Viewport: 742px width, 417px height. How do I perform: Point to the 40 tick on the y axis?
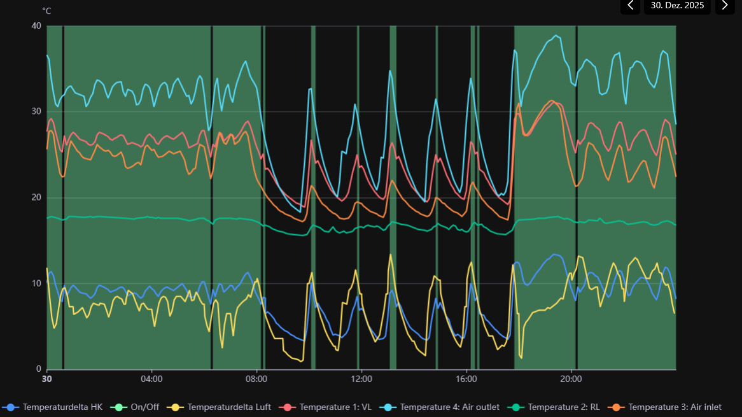36,26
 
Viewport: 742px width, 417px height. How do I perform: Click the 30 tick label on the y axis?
36,112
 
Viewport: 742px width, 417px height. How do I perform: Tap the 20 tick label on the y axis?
36,197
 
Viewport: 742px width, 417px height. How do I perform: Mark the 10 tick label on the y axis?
36,283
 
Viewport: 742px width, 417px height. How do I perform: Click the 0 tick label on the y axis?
38,369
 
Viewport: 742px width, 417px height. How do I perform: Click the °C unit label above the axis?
46,11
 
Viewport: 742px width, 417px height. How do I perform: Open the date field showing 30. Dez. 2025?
677,6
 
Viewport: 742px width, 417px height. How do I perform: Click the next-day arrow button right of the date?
724,6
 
